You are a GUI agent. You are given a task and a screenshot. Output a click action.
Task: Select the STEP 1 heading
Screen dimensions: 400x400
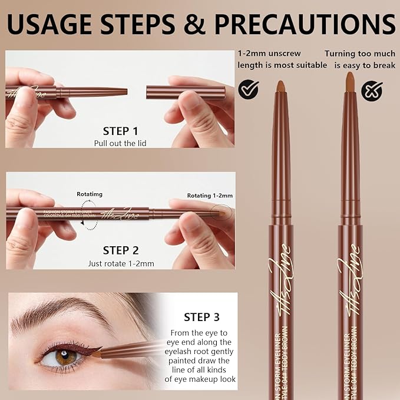[x=120, y=131]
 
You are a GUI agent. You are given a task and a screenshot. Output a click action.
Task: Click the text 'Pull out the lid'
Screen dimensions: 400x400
[x=120, y=143]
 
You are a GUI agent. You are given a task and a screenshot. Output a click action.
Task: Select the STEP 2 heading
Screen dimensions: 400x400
[x=120, y=250]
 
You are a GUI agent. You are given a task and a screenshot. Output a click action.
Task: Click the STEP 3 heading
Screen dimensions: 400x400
[x=201, y=317]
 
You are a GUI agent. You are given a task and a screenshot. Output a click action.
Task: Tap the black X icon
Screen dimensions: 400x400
[x=372, y=91]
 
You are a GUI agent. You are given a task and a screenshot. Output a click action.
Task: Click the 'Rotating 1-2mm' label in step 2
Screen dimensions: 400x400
[x=210, y=196]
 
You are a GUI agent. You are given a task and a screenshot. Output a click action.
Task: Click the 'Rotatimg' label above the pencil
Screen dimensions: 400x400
[x=89, y=193]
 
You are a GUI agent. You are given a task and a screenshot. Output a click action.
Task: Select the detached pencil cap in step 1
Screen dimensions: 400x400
[x=186, y=92]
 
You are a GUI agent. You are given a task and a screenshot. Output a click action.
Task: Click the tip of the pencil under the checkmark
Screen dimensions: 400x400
[x=280, y=86]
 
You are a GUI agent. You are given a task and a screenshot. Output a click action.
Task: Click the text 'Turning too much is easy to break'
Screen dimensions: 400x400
[x=359, y=59]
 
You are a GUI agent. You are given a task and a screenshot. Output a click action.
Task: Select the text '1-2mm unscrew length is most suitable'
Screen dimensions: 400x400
[x=282, y=59]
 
